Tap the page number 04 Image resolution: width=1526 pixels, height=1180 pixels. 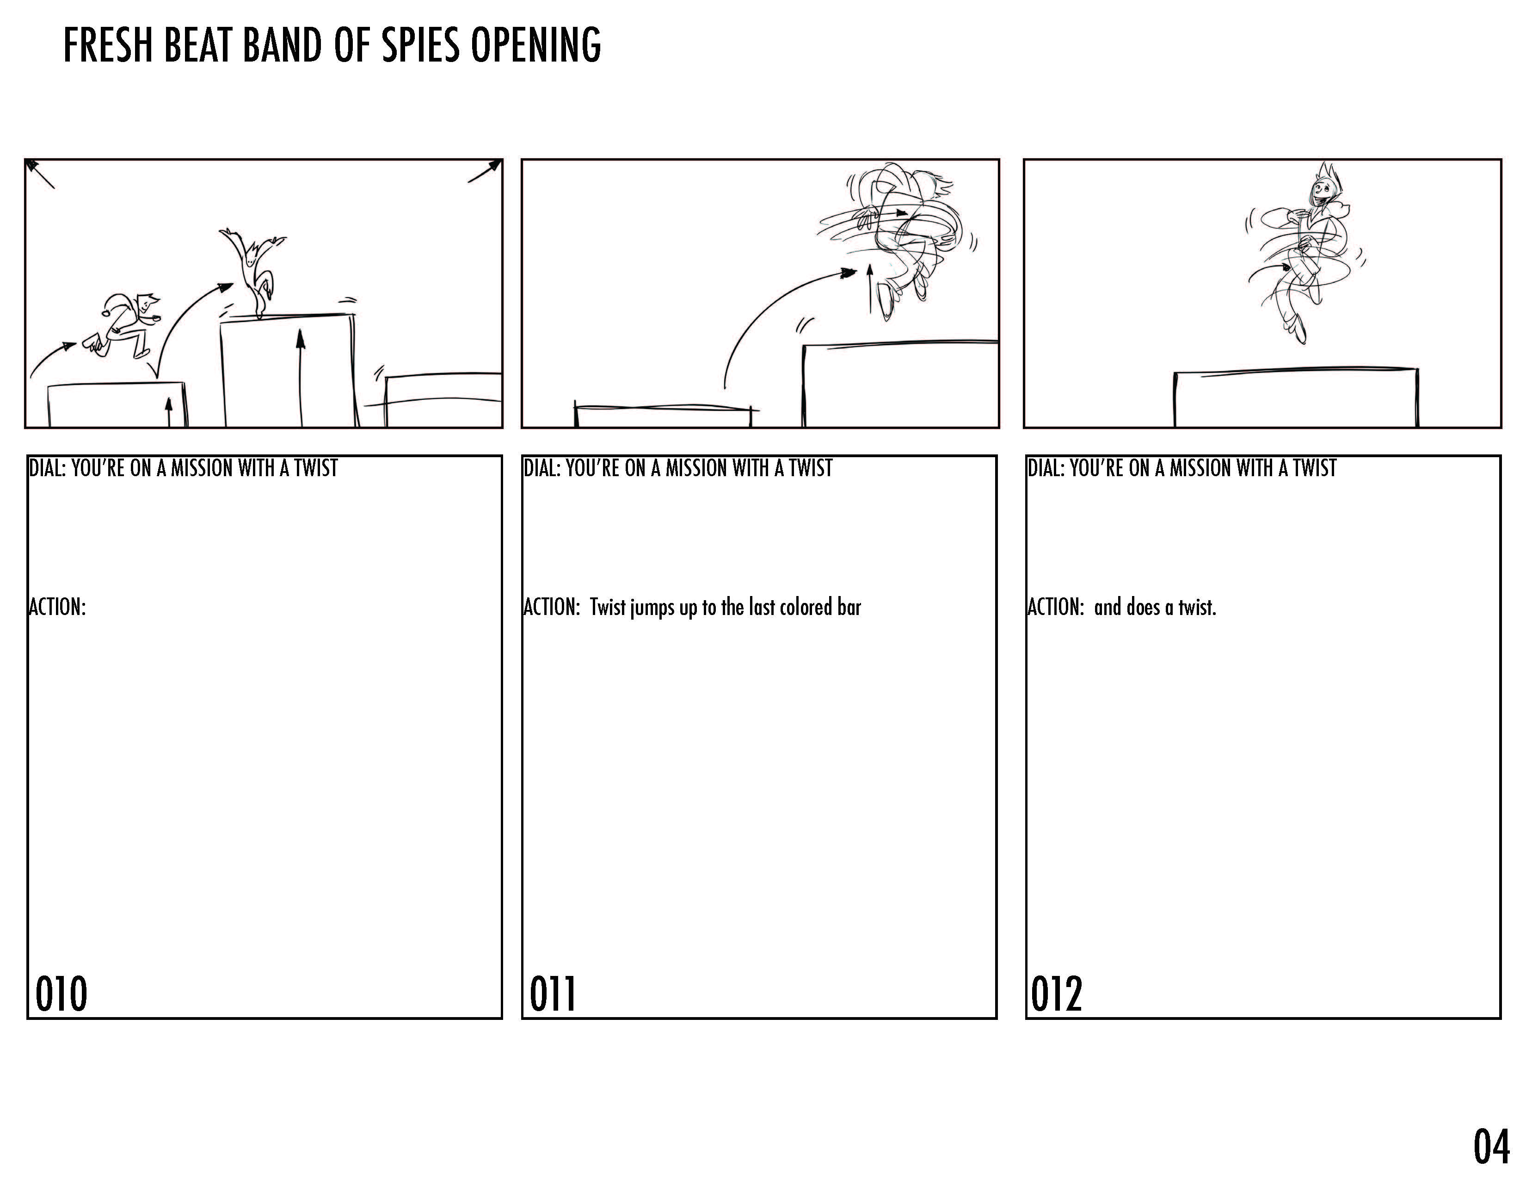[1491, 1146]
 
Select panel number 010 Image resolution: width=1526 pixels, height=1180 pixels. [62, 994]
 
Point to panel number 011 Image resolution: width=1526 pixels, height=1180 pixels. [553, 994]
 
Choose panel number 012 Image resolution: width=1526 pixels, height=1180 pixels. [1057, 994]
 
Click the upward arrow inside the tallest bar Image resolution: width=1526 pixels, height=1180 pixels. [301, 378]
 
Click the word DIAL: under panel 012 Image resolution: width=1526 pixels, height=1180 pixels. [1046, 468]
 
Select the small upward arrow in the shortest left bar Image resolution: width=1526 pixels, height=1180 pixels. [168, 412]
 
